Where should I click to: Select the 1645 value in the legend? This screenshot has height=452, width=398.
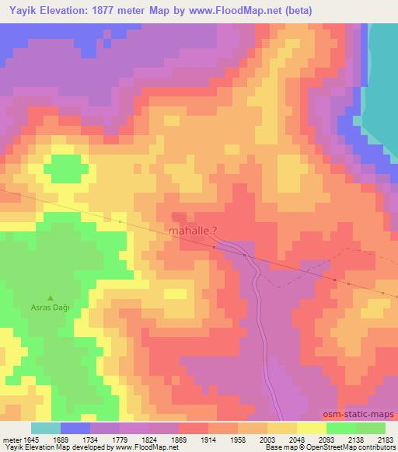(x=20, y=440)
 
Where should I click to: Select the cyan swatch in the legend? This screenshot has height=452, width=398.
(x=46, y=428)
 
